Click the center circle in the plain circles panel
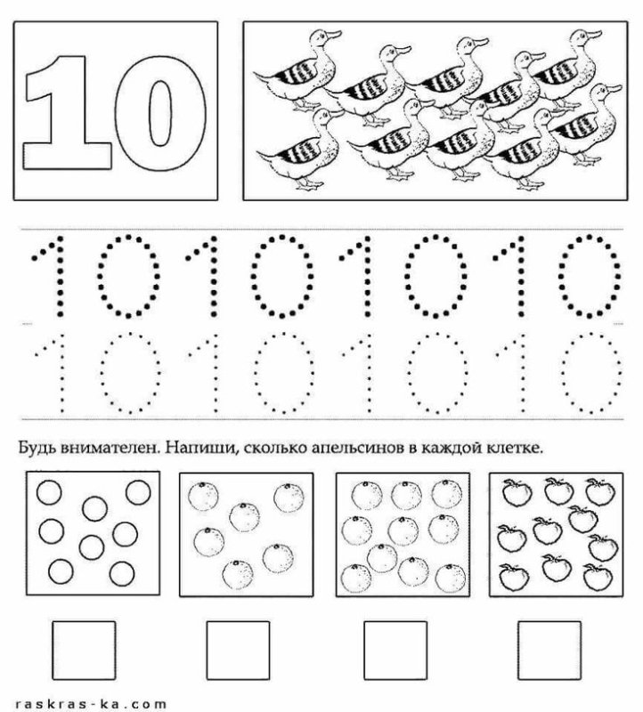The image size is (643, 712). point(94,508)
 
